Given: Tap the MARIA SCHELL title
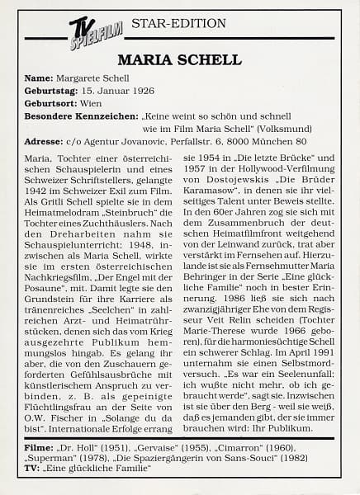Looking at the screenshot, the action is (179, 59).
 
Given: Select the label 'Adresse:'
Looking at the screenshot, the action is (46, 144).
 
